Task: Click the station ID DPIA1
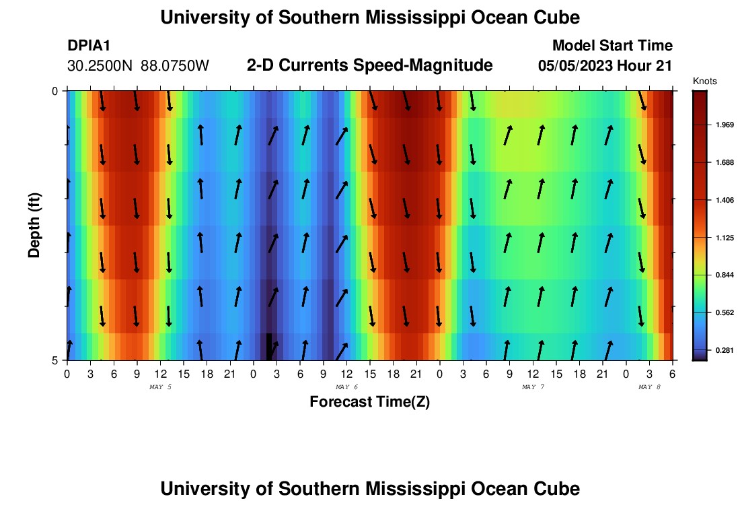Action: pos(89,46)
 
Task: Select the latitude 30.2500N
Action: pos(100,66)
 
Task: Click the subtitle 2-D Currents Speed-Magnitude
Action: pos(370,65)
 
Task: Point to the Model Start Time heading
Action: pos(612,46)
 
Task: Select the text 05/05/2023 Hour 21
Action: pos(605,66)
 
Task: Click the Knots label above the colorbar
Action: pos(705,81)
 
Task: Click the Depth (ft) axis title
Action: pos(35,225)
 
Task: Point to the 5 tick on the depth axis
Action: pos(56,360)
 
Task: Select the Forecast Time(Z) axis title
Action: pos(369,402)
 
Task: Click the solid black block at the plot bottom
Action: pos(269,347)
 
